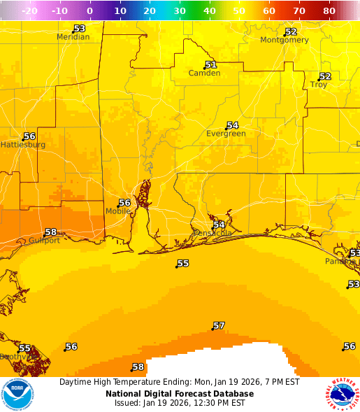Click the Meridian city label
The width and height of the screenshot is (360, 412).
click(x=73, y=37)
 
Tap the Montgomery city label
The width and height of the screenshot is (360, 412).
click(x=284, y=40)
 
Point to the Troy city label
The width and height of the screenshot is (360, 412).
click(x=319, y=85)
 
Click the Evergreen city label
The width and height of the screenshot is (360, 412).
click(x=226, y=134)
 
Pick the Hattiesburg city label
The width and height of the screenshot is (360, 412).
click(x=22, y=145)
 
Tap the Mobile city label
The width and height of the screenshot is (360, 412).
click(x=117, y=211)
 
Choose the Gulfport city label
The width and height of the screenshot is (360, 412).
click(x=44, y=240)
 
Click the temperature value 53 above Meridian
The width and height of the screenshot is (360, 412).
click(x=79, y=29)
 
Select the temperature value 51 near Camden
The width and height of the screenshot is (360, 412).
click(x=210, y=65)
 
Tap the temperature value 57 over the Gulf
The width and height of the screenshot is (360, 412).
click(x=219, y=326)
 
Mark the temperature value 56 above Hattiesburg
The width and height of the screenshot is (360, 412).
click(x=29, y=136)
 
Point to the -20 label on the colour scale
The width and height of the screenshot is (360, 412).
click(x=30, y=11)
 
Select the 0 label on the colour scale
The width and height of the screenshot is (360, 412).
click(x=90, y=11)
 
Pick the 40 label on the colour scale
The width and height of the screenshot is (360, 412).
click(x=210, y=11)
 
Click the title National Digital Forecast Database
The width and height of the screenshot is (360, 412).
click(x=180, y=393)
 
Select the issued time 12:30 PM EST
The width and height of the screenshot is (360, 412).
click(x=217, y=403)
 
